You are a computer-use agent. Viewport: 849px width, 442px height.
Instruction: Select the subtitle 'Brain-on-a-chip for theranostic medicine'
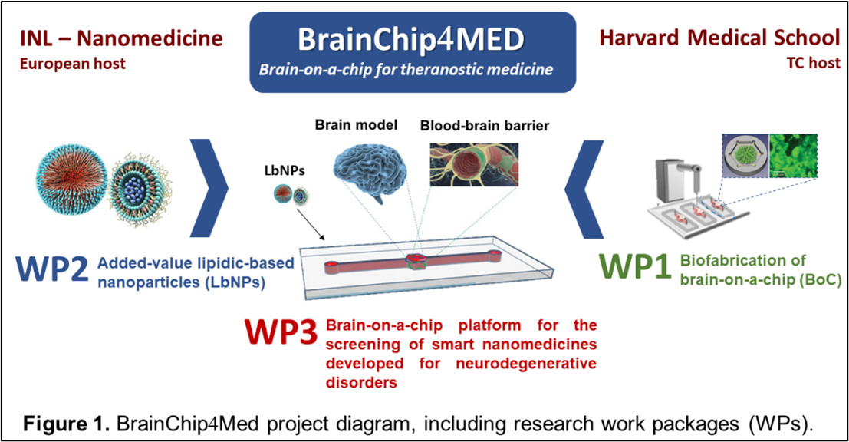[x=406, y=70]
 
